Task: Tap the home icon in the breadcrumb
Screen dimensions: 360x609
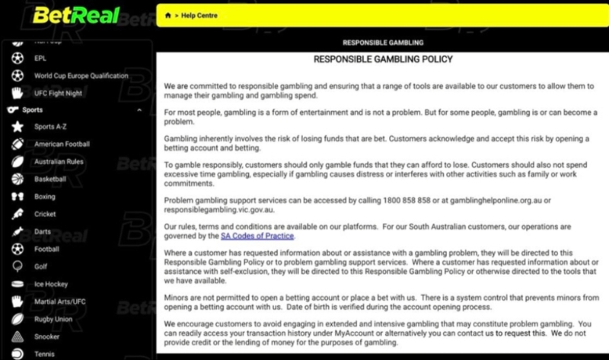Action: pyautogui.click(x=167, y=15)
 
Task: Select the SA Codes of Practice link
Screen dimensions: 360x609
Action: pyautogui.click(x=257, y=236)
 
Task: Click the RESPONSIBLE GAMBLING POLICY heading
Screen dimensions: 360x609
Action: pyautogui.click(x=383, y=59)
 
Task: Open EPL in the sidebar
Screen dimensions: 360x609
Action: pyautogui.click(x=40, y=58)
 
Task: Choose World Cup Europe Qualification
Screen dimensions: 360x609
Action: pyautogui.click(x=81, y=76)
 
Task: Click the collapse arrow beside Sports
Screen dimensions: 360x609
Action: pyautogui.click(x=139, y=110)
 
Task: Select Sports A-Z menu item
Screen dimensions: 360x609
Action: pyautogui.click(x=51, y=126)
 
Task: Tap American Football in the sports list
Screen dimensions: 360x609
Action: pyautogui.click(x=62, y=144)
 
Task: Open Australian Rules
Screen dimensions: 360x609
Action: pyautogui.click(x=60, y=161)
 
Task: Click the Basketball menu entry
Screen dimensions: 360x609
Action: pyautogui.click(x=50, y=179)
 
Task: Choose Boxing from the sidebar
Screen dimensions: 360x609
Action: pyautogui.click(x=45, y=196)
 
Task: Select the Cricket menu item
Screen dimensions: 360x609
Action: pyautogui.click(x=45, y=214)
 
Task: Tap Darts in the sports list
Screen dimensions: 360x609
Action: pyautogui.click(x=43, y=231)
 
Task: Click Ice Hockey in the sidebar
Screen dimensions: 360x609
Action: pyautogui.click(x=51, y=284)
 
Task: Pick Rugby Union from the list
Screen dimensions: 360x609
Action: pyautogui.click(x=53, y=319)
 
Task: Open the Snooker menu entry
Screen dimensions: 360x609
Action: pyautogui.click(x=47, y=336)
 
